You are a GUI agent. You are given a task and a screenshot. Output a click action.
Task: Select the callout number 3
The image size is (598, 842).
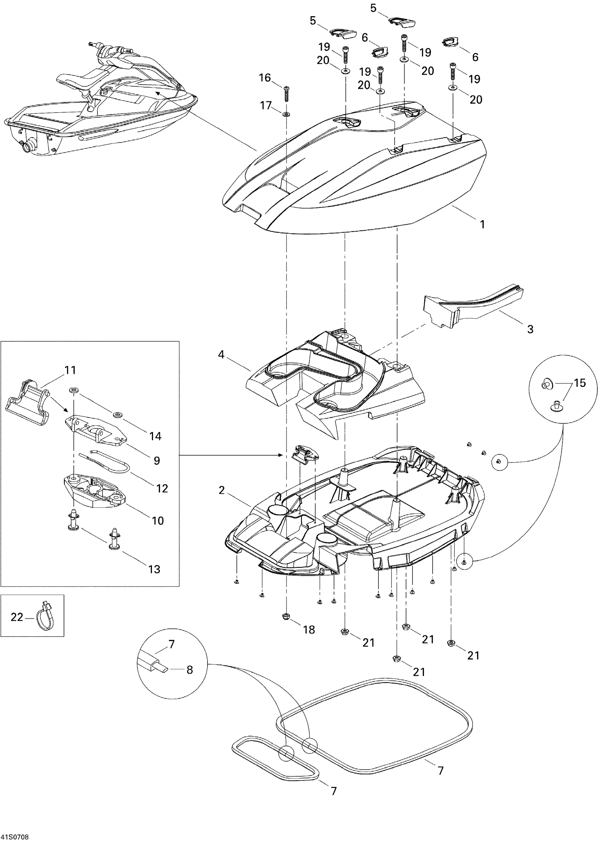530,329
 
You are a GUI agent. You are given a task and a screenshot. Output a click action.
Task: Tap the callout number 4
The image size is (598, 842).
221,354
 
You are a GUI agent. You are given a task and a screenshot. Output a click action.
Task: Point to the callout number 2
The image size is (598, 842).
221,490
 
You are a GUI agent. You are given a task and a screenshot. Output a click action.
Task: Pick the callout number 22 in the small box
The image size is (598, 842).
17,616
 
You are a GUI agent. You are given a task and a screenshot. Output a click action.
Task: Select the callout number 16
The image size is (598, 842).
265,78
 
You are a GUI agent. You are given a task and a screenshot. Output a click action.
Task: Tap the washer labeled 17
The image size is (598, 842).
286,114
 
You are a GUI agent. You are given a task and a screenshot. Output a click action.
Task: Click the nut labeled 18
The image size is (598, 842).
286,616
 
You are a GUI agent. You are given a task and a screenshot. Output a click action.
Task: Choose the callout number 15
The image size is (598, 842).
580,383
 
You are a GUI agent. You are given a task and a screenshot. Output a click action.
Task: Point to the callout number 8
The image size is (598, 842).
190,670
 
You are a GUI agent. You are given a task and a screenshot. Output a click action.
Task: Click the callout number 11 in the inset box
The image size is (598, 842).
70,370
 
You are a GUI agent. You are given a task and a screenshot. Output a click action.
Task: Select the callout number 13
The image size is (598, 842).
154,569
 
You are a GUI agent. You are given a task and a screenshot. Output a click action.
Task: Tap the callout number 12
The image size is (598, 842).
162,488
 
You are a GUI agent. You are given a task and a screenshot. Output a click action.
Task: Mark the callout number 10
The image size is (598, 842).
158,520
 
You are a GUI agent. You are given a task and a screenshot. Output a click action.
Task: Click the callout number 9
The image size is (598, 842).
157,461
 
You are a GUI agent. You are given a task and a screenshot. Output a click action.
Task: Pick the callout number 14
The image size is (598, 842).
155,436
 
